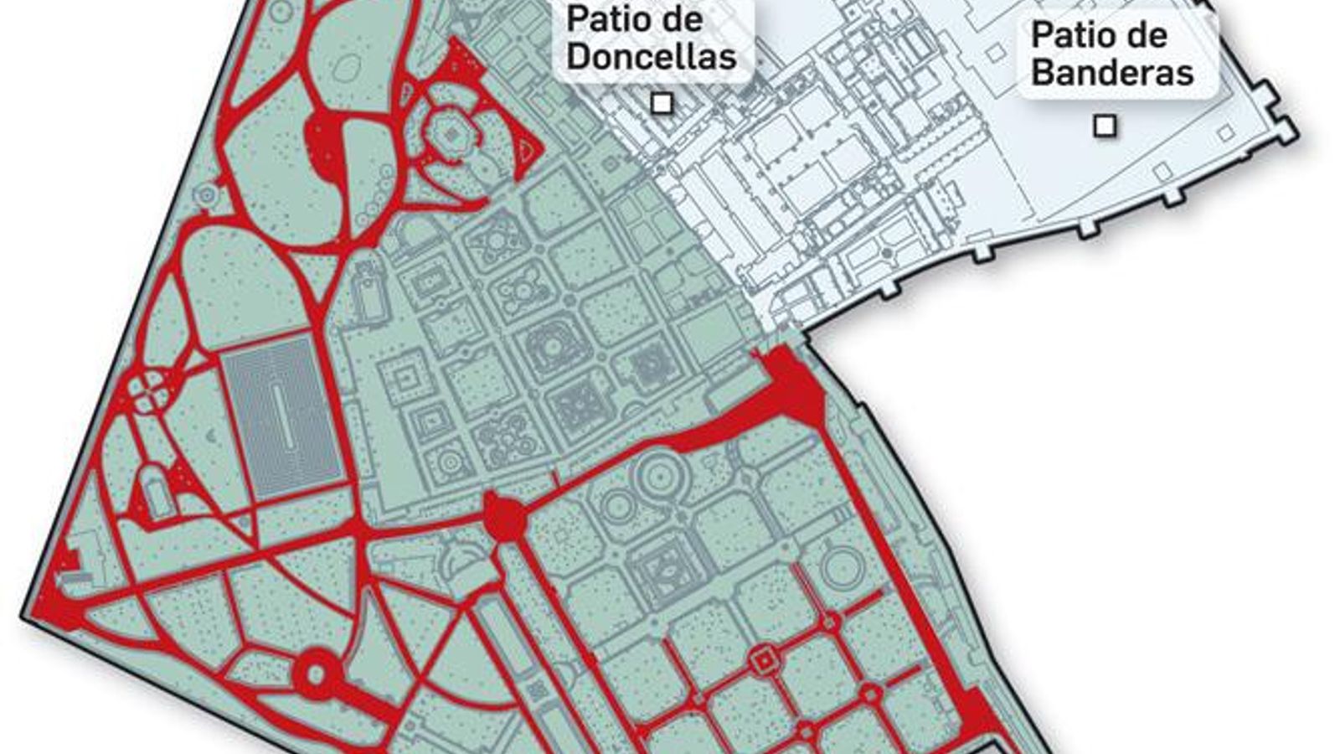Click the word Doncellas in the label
coord(652,57)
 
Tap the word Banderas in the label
coord(1112,72)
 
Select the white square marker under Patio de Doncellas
coord(662,104)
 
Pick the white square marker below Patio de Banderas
coord(1105,126)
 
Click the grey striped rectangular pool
coord(282,416)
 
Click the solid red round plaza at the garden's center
coord(504,518)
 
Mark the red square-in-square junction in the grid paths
coord(762,662)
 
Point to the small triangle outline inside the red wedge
coord(525,151)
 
